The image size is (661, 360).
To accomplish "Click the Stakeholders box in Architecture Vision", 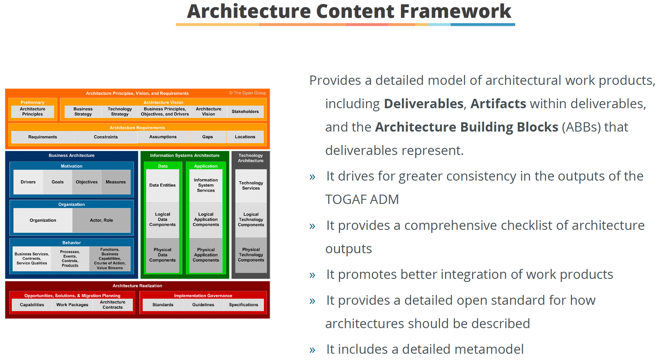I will tap(245, 112).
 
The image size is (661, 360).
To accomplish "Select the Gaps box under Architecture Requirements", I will tap(208, 137).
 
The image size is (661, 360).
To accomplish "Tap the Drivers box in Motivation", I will tap(28, 182).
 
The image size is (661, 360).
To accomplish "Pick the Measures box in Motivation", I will tap(116, 182).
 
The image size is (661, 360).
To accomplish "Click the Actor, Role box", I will tap(101, 220).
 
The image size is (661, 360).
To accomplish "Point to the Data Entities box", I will tap(163, 185).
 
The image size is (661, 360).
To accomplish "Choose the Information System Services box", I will tap(206, 185).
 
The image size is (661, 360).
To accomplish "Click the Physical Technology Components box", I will tap(251, 255).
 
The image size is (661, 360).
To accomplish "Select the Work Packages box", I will tap(72, 305).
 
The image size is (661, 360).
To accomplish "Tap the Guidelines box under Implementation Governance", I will tap(203, 305).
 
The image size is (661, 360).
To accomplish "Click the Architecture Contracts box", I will tap(113, 305).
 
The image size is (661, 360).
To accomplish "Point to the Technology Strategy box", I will tap(120, 112).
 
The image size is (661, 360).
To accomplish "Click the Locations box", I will tap(245, 137).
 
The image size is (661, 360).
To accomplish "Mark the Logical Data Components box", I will tap(163, 220).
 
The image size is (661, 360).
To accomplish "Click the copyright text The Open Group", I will tap(248, 93).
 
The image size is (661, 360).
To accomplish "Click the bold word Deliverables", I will tap(423, 104).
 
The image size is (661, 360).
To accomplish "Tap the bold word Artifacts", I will tap(498, 104).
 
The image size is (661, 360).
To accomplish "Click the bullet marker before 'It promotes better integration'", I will tap(312, 275).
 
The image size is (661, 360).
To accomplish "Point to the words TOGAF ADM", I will tap(362, 200).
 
